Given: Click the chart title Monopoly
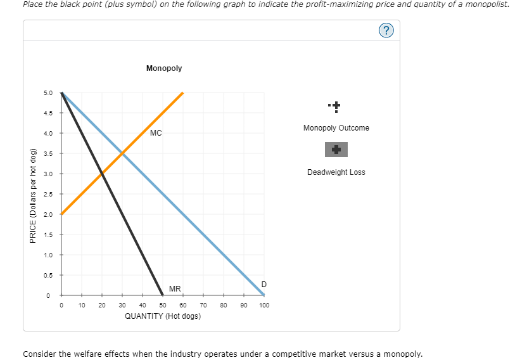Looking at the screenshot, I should pos(163,68).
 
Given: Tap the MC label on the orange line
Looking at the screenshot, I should pos(156,133).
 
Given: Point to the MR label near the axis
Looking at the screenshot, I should pos(175,289).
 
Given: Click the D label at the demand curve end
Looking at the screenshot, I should pos(263,283).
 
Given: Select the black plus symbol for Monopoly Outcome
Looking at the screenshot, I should pos(336,105).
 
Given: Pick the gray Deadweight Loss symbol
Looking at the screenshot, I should pos(336,150).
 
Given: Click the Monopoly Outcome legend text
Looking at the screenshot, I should pos(336,128).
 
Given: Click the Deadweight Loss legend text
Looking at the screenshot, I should pos(336,172).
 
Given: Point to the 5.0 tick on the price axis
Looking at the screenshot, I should pos(48,93).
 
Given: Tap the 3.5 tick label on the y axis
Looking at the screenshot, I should pos(48,153).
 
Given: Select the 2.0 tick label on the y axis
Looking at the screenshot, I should pos(48,214).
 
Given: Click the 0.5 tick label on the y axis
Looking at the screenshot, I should pos(48,275).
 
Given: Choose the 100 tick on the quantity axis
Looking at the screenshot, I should pos(264,305).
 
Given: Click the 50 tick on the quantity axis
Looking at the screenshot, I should pos(162,305).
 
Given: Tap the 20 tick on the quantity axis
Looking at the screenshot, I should pos(101,305).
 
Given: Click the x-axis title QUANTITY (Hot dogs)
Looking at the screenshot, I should pos(163,316).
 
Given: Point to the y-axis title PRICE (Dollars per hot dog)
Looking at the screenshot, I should pos(32,194).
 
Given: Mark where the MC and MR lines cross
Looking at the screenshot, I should pos(101,174).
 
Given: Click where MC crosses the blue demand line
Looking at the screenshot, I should pos(122,153).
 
